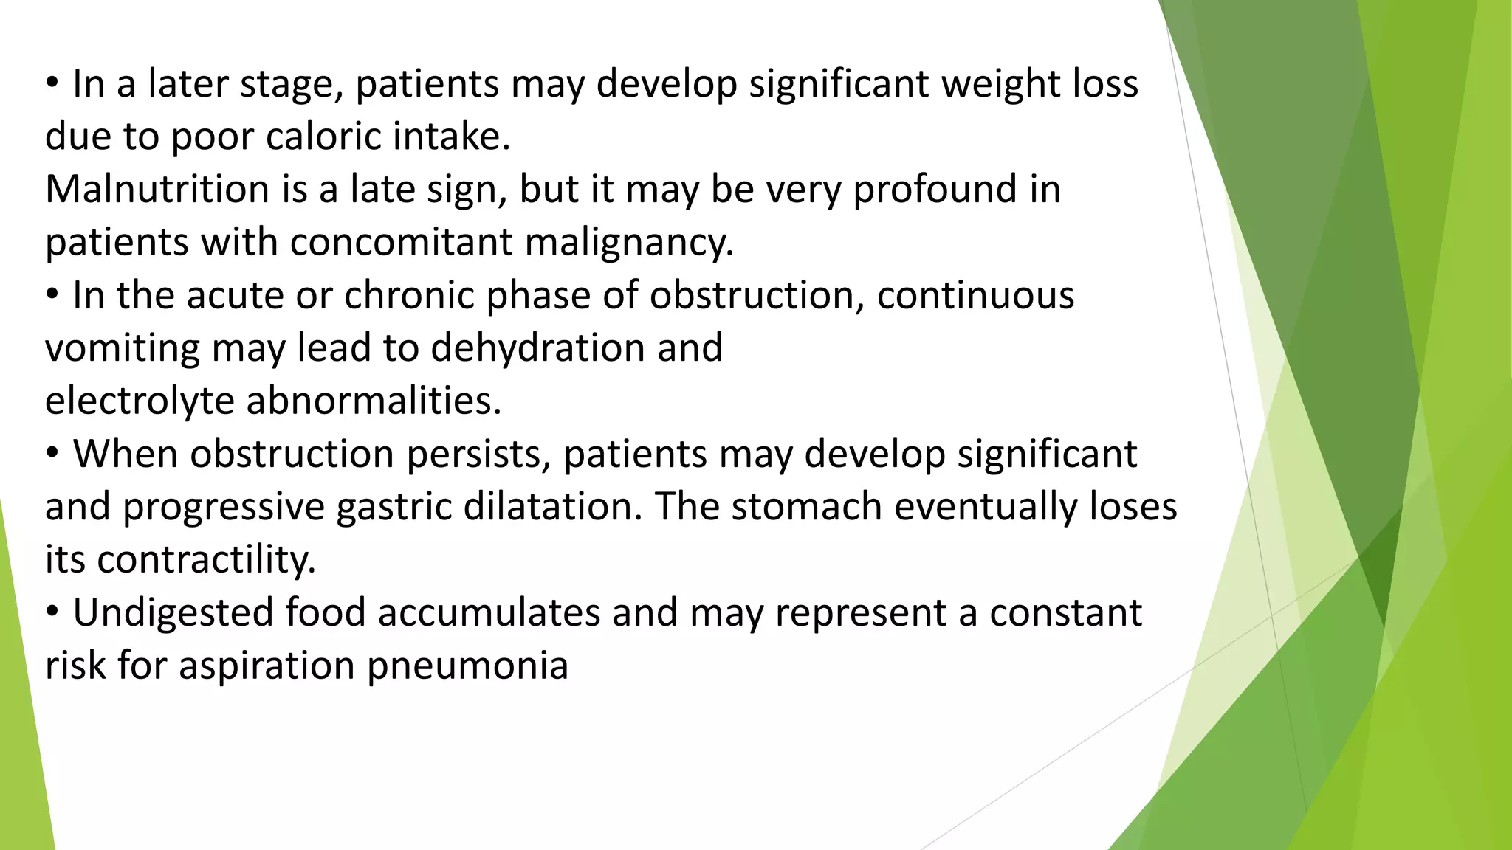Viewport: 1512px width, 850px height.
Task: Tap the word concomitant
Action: (x=401, y=243)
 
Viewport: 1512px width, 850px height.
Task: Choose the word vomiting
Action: (x=122, y=348)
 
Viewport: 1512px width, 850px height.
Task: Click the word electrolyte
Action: (x=140, y=401)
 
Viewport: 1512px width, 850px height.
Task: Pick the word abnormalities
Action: (x=374, y=401)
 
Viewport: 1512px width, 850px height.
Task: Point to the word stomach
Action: (x=793, y=507)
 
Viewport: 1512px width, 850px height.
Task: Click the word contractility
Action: (x=206, y=560)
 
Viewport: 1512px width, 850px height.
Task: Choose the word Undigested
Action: (x=173, y=613)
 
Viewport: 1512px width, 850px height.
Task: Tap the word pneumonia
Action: (x=467, y=666)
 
